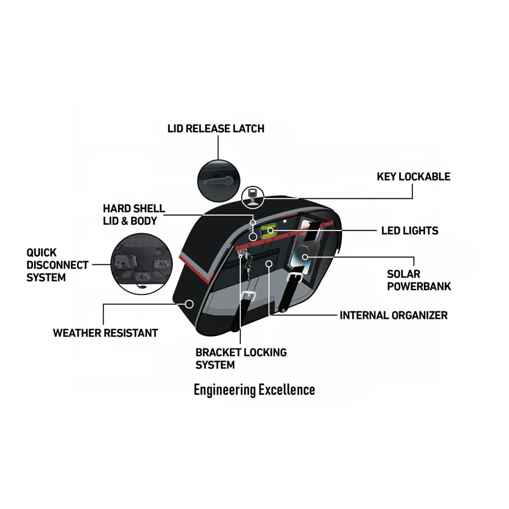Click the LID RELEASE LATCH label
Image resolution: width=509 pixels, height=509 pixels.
coord(216,129)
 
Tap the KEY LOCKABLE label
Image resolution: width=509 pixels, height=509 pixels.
coord(413,176)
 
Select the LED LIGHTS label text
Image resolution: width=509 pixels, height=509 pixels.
coord(409,231)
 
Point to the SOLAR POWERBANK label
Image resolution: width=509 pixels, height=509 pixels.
coord(418,280)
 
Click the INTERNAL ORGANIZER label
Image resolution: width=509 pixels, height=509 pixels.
coord(393,315)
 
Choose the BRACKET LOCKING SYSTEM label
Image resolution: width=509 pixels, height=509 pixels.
coord(241,358)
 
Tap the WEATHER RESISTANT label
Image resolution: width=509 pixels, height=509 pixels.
coord(105,333)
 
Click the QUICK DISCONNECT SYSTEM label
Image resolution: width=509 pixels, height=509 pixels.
coord(57,265)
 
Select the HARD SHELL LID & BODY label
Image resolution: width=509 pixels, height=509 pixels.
coord(134,215)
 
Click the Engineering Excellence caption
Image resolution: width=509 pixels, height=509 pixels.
coord(254,389)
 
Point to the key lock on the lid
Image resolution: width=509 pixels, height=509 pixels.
coord(253,196)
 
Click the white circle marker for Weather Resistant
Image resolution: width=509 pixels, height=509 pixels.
coord(190,304)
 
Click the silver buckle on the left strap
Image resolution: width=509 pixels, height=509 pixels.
coord(247,296)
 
